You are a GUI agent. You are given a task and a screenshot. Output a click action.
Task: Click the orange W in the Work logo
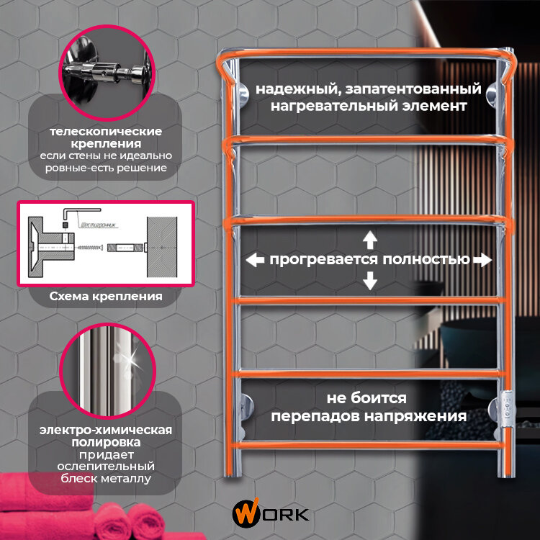(x=242, y=513)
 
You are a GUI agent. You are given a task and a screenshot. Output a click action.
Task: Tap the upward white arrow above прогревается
(x=369, y=239)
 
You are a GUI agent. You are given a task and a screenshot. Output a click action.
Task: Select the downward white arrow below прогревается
(x=369, y=279)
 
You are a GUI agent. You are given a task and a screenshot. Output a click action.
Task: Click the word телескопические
(x=106, y=132)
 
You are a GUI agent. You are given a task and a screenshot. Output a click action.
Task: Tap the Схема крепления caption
(x=106, y=296)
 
